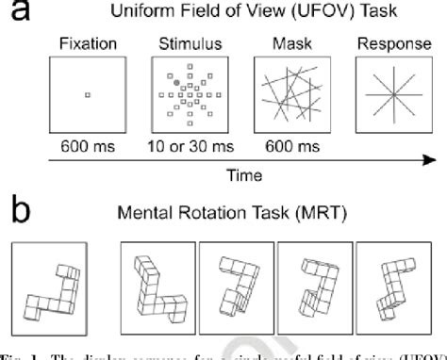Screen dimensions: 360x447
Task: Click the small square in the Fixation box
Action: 87,94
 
